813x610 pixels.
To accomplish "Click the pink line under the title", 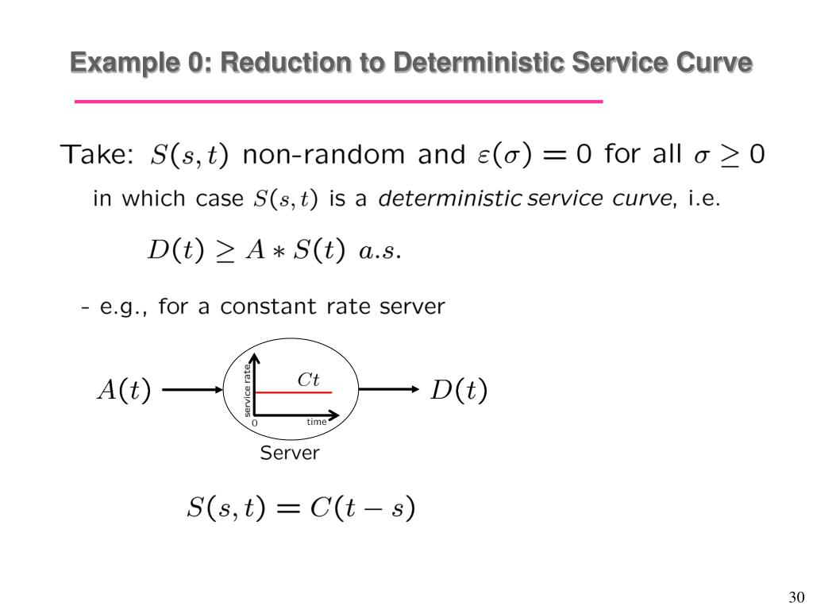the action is pyautogui.click(x=339, y=102).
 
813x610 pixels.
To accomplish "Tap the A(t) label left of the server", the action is pyautogui.click(x=123, y=391).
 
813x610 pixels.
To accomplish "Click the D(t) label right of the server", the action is pyautogui.click(x=458, y=391).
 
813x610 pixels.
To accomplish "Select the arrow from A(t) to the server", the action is pyautogui.click(x=192, y=390).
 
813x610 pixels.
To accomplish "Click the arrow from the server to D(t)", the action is pyautogui.click(x=389, y=389).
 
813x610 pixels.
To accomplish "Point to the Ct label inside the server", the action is pyautogui.click(x=309, y=380).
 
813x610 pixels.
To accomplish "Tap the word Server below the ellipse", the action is pyautogui.click(x=290, y=454).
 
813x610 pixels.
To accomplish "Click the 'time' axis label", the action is pyautogui.click(x=316, y=422).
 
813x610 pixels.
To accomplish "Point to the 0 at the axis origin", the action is pyautogui.click(x=255, y=423).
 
